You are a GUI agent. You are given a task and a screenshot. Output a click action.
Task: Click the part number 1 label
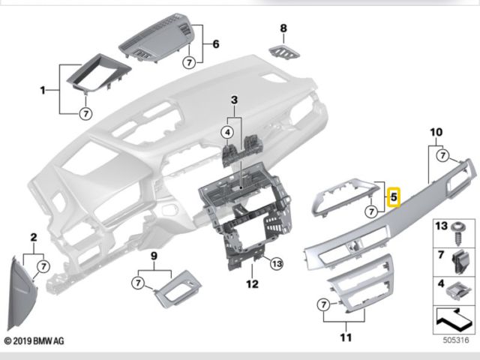coord(43,91)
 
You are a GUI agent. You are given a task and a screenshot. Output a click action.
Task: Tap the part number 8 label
coord(283,28)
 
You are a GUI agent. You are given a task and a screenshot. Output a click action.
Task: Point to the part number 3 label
coord(233,100)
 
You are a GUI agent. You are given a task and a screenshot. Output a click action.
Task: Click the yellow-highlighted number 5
coord(394,197)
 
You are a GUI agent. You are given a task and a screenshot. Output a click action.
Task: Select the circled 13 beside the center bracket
coord(276,263)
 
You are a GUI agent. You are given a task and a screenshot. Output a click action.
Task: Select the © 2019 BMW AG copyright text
coord(34,341)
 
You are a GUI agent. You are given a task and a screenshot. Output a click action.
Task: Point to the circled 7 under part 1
coord(85,114)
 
